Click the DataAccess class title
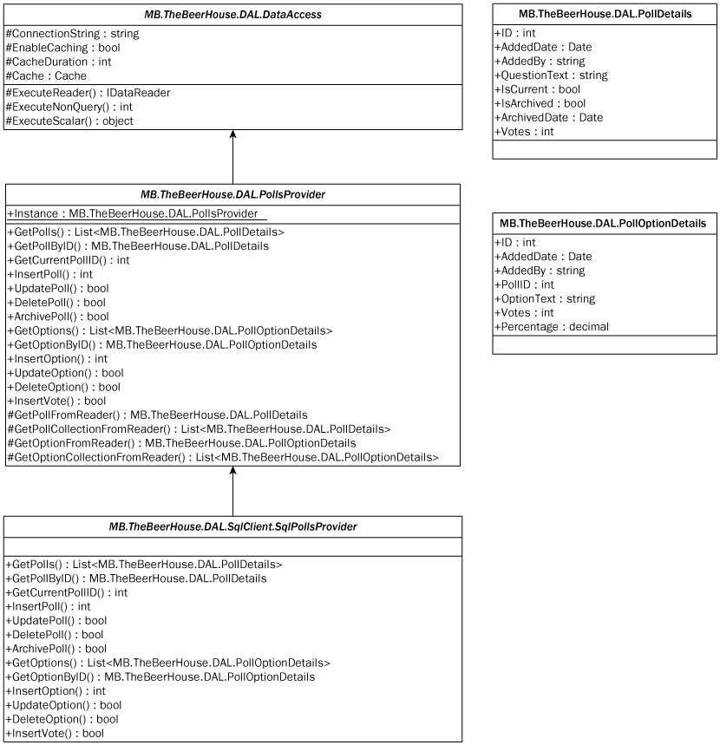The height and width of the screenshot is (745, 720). pyautogui.click(x=232, y=13)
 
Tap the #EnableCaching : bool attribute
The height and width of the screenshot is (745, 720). pyautogui.click(x=62, y=49)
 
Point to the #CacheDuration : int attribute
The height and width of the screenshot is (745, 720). pyautogui.click(x=59, y=62)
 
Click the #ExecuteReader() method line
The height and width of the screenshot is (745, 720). pyautogui.click(x=88, y=93)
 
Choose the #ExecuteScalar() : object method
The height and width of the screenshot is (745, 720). pyautogui.click(x=69, y=121)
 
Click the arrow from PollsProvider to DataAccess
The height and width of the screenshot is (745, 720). pyautogui.click(x=232, y=156)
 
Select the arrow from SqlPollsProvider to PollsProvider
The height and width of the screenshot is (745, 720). pyautogui.click(x=232, y=490)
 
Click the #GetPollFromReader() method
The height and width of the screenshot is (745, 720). pyautogui.click(x=157, y=415)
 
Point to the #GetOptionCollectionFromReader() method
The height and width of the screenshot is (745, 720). pyautogui.click(x=222, y=456)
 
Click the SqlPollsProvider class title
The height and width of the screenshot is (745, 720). pyautogui.click(x=232, y=526)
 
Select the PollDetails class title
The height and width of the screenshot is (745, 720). pyautogui.click(x=605, y=13)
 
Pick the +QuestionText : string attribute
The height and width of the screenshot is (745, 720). pyautogui.click(x=551, y=75)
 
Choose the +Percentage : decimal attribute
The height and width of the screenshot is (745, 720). pyautogui.click(x=551, y=327)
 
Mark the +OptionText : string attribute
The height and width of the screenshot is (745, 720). pyautogui.click(x=545, y=298)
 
